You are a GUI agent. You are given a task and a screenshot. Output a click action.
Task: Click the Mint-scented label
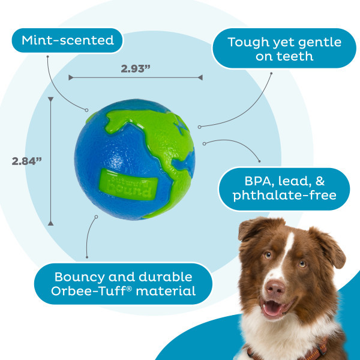67,41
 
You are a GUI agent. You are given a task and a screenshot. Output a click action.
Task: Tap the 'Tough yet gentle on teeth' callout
284,50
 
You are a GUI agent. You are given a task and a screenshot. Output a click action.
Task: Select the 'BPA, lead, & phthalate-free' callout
284,188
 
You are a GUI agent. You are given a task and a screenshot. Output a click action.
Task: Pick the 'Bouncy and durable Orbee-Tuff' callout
123,284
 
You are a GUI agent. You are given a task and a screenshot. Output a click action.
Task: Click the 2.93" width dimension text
135,68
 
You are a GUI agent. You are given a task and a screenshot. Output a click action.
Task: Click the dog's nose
276,289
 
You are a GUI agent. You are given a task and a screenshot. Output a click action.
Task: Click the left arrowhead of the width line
71,77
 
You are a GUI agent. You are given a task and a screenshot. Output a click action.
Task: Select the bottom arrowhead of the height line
50,223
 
